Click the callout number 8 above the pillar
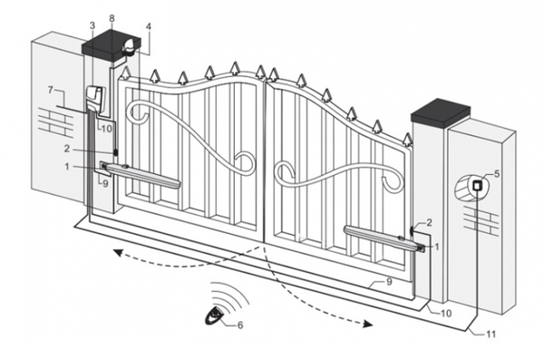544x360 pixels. coord(112,18)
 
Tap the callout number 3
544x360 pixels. coord(92,25)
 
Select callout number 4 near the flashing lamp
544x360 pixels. coord(148,26)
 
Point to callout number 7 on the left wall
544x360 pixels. coord(51,91)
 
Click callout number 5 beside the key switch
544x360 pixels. coord(497,173)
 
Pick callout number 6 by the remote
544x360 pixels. coord(240,326)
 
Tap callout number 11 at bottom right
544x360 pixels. coord(491,335)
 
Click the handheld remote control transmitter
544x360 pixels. coord(216,315)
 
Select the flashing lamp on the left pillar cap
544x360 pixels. coord(129,47)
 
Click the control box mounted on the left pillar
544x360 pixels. coord(94,98)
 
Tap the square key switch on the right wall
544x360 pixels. coord(478,185)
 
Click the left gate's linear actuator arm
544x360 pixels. coord(141,175)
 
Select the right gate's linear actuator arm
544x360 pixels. coord(384,238)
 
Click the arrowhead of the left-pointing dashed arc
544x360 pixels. coord(119,253)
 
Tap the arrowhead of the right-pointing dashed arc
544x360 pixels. coord(368,325)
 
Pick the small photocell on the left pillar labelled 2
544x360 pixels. coord(115,152)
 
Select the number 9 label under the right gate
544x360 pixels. coord(389,282)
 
